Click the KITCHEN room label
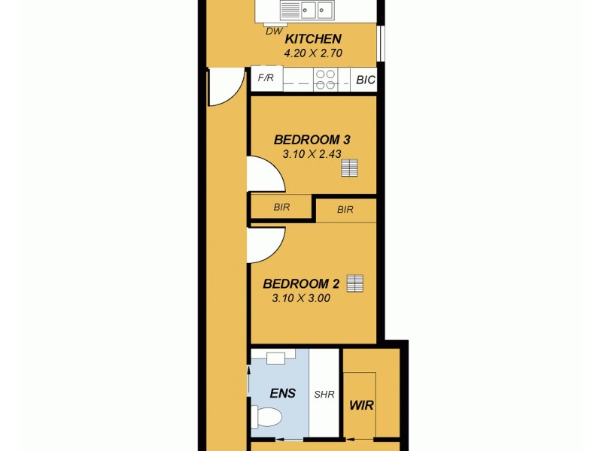(x=313, y=39)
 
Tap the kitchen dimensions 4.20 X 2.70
(x=313, y=54)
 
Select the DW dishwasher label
(x=273, y=31)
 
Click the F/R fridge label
(x=266, y=77)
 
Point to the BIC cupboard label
(x=365, y=79)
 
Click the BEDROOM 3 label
(x=312, y=140)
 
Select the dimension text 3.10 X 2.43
(x=312, y=154)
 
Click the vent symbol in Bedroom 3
(x=348, y=168)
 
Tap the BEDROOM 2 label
(x=301, y=284)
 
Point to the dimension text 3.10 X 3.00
(x=301, y=298)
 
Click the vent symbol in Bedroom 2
(x=355, y=283)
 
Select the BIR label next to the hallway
(x=281, y=206)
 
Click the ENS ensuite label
(x=282, y=392)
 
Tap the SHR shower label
(x=324, y=394)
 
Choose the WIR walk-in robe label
(x=362, y=405)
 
